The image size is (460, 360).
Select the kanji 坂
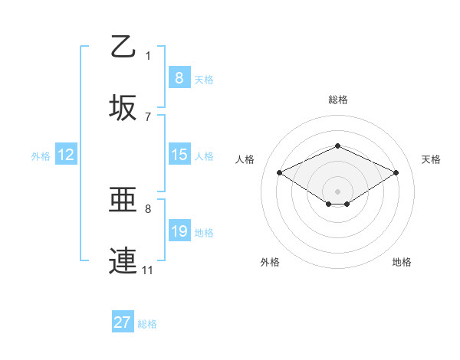(123, 108)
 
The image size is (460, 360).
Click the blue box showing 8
(179, 77)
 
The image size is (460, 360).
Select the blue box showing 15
(179, 155)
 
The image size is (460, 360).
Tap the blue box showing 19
(179, 231)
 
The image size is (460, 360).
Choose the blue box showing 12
(65, 155)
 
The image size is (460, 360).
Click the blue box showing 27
(122, 322)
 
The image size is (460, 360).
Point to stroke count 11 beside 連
(147, 270)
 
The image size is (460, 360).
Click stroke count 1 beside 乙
(148, 55)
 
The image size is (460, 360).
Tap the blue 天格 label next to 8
(203, 79)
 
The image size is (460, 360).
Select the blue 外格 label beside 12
(40, 155)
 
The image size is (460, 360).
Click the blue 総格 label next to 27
(147, 324)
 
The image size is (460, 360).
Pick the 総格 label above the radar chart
(337, 100)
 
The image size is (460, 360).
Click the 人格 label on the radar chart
(245, 159)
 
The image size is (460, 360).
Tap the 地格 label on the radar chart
(402, 262)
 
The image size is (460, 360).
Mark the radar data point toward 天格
(396, 172)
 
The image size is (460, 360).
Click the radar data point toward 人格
(279, 172)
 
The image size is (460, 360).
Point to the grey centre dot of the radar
(337, 191)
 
